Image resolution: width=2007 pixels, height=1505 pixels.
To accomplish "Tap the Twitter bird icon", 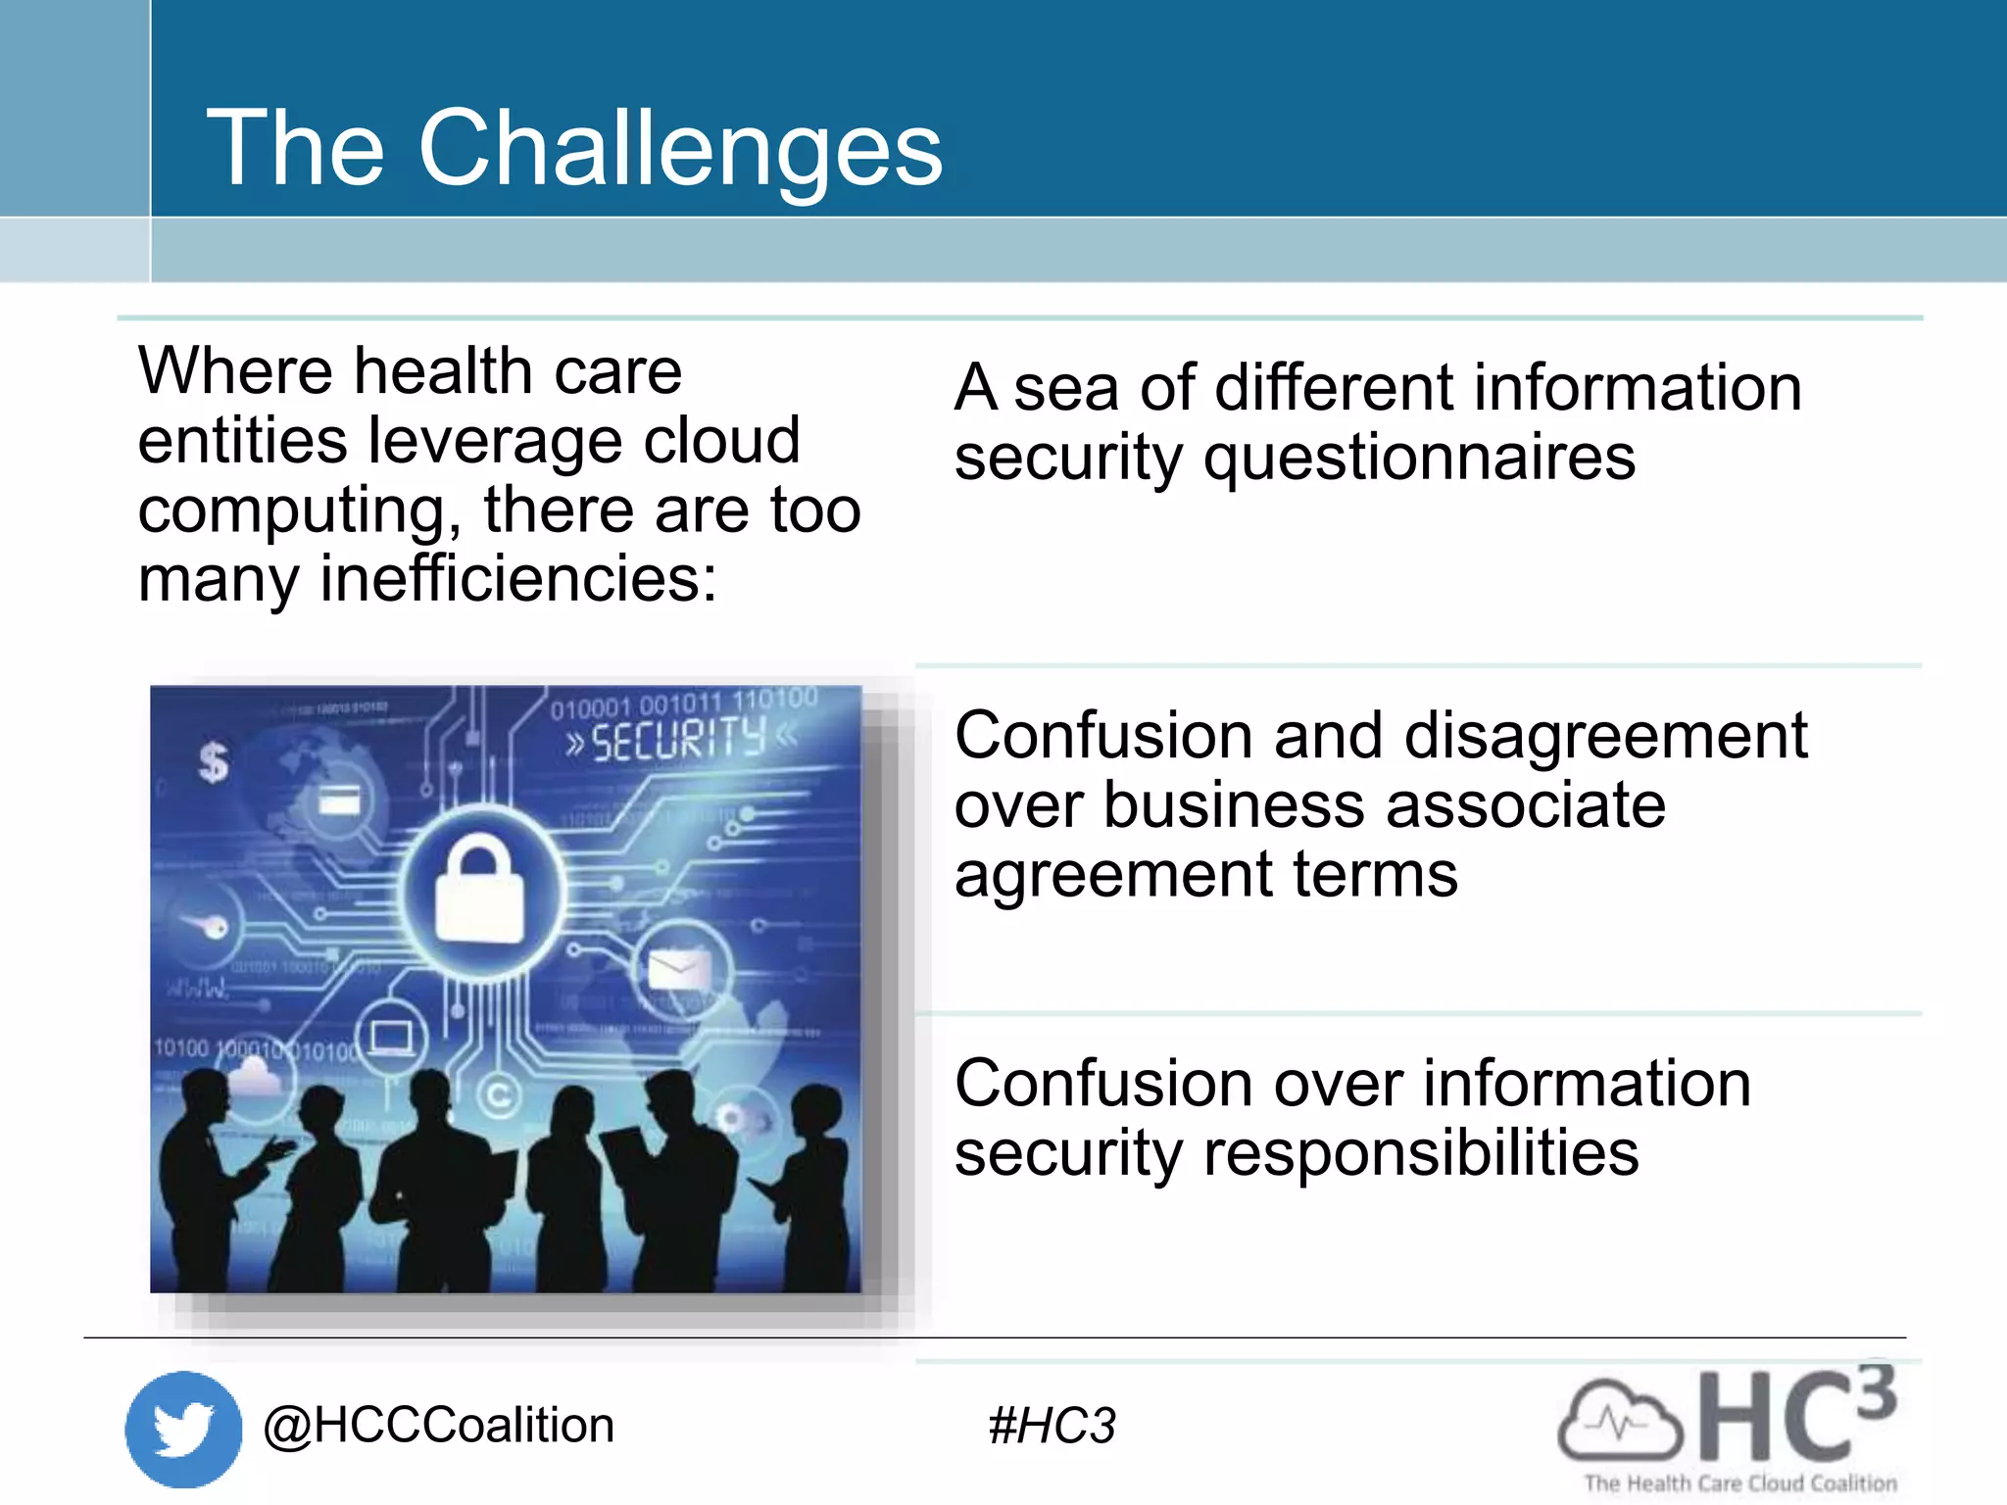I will tap(183, 1428).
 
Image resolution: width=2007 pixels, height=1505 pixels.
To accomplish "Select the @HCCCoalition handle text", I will tap(438, 1425).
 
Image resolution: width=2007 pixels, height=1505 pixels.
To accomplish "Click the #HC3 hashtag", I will tap(1052, 1426).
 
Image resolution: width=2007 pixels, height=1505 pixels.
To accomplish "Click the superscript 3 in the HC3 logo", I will tap(1876, 1391).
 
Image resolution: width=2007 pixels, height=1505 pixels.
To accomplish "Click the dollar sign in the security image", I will tap(213, 761).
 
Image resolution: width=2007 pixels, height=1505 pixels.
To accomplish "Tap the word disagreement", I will tap(1540, 736).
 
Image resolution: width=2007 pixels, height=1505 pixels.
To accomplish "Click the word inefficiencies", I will tap(518, 578).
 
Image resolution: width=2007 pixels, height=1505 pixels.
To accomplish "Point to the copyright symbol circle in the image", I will tap(499, 1095).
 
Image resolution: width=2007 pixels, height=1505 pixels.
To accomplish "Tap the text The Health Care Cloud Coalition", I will tap(1739, 1483).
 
